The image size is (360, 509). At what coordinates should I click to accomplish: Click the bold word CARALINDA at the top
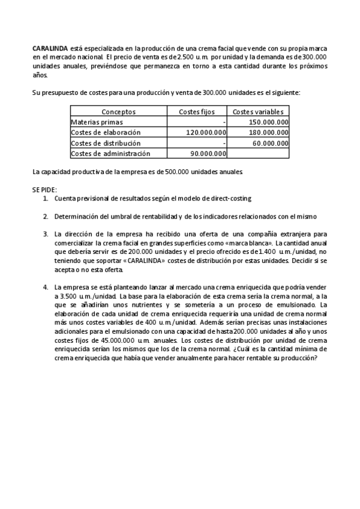pyautogui.click(x=50, y=47)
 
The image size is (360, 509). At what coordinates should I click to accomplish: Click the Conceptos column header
pyautogui.click(x=118, y=112)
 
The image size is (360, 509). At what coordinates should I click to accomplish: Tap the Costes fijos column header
pyautogui.click(x=197, y=112)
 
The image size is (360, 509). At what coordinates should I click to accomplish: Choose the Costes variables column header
pyautogui.click(x=258, y=112)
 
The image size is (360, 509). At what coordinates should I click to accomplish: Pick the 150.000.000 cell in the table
pyautogui.click(x=268, y=122)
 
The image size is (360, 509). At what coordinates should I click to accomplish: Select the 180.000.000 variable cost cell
pyautogui.click(x=268, y=133)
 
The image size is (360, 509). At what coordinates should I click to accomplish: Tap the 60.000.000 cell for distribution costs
pyautogui.click(x=271, y=143)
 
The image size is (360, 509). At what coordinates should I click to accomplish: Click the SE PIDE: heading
pyautogui.click(x=44, y=190)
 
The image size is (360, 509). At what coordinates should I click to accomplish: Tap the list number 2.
pyautogui.click(x=46, y=216)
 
